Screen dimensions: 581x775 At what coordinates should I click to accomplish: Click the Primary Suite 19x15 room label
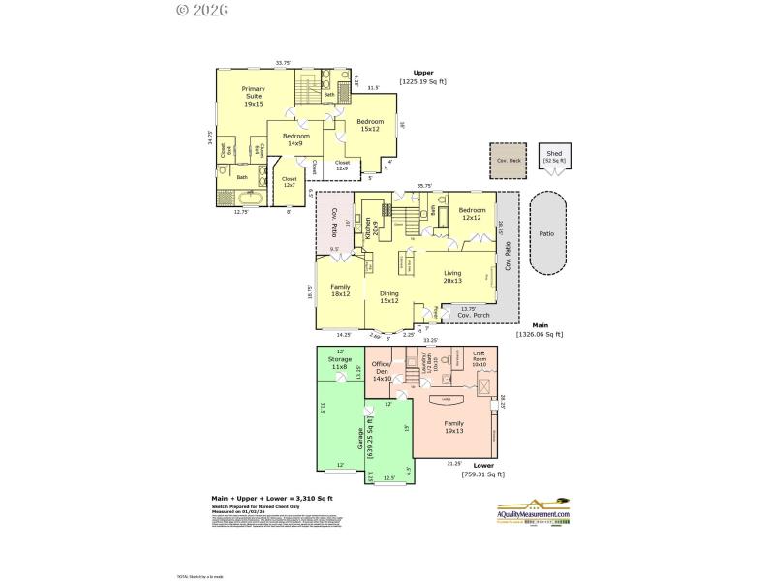coord(253,96)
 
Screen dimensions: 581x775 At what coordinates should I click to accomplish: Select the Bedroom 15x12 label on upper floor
coord(369,125)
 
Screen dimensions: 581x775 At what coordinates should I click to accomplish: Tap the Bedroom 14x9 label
coord(295,139)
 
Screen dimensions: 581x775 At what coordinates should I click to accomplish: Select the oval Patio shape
coord(547,233)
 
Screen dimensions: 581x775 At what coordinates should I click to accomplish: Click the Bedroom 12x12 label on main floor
coord(472,214)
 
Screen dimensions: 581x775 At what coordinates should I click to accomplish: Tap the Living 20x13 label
coord(452,278)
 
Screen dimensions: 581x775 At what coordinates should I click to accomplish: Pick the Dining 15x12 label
coord(389,297)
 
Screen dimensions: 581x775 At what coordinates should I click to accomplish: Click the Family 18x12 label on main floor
coord(340,290)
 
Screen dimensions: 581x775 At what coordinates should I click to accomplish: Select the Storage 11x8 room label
coord(339,363)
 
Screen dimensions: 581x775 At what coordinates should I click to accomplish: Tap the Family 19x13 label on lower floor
coord(452,427)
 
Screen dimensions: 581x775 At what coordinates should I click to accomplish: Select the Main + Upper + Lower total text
coord(272,498)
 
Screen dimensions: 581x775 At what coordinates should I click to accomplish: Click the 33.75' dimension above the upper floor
coord(283,64)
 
